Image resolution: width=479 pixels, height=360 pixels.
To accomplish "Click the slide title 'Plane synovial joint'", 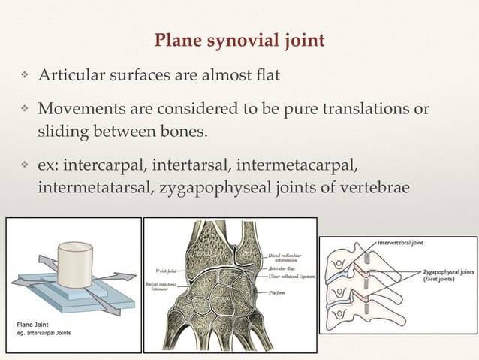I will [x=239, y=40].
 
